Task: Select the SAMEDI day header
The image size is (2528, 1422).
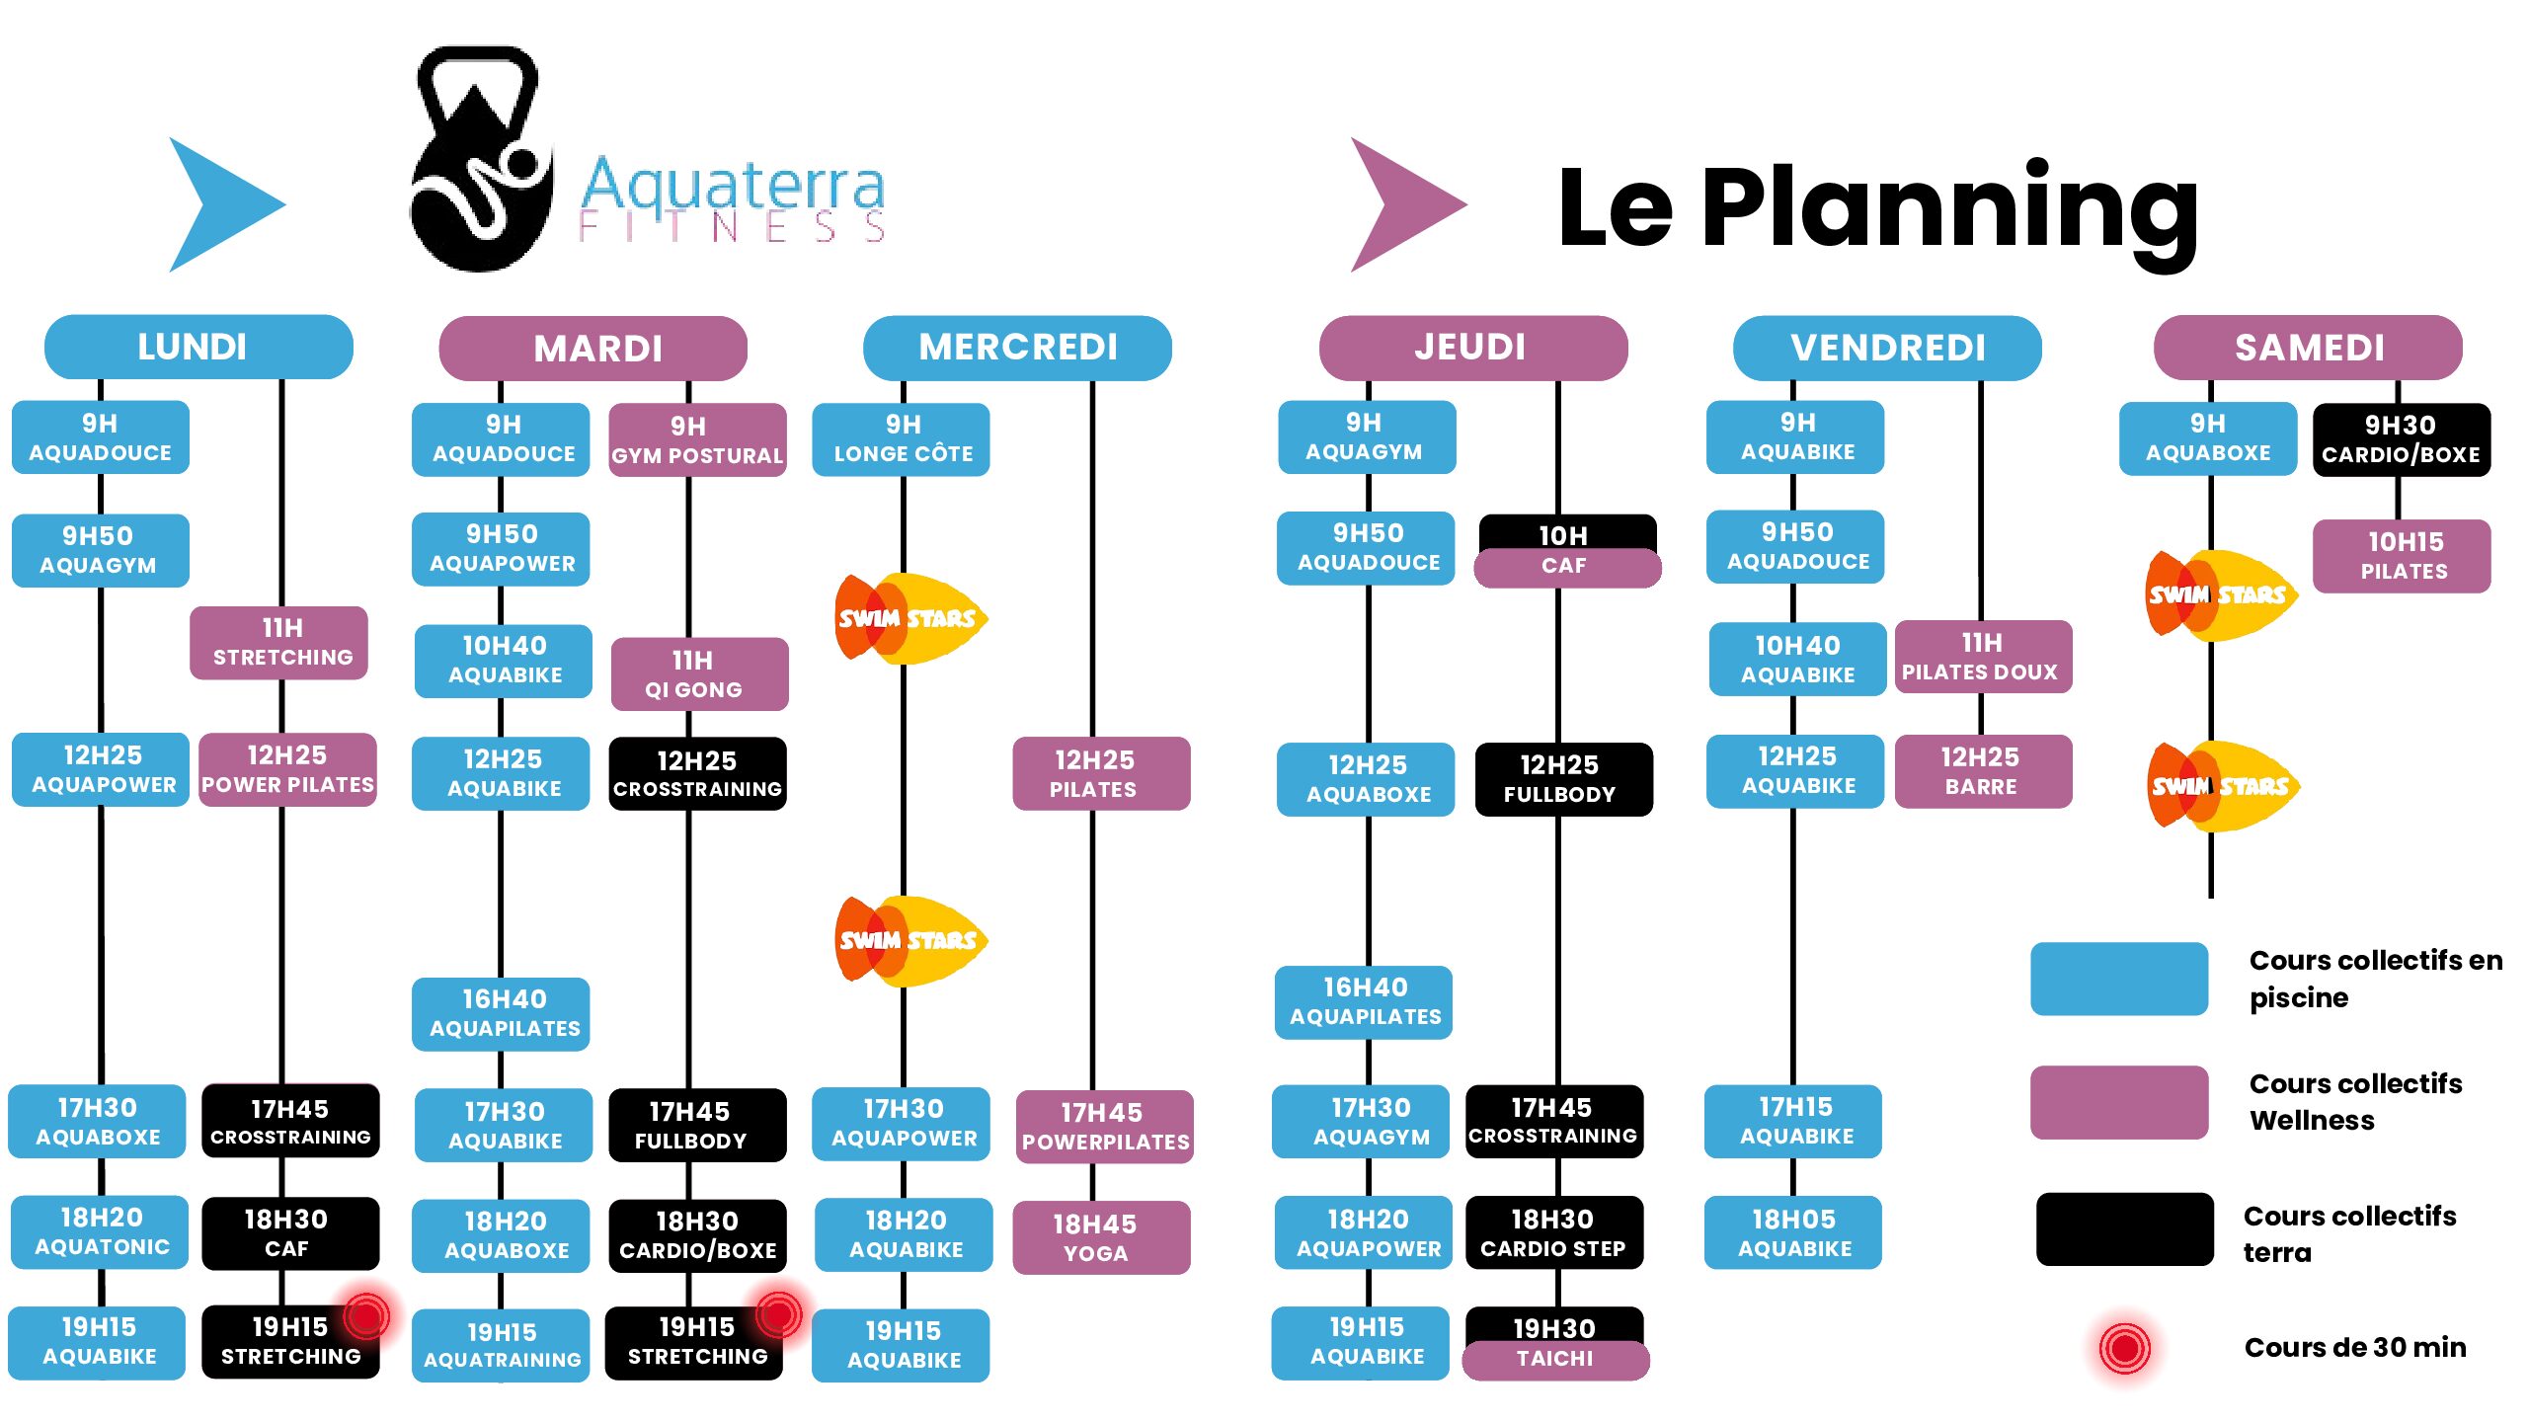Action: click(x=2308, y=348)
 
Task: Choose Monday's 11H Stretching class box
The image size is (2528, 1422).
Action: click(x=279, y=643)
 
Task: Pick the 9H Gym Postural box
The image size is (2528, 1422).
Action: click(x=697, y=440)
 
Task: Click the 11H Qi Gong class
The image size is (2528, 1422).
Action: click(x=699, y=674)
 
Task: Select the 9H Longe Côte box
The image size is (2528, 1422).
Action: click(x=902, y=439)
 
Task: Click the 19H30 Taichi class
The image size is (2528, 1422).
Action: click(x=1555, y=1343)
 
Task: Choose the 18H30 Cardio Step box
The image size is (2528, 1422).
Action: click(x=1554, y=1233)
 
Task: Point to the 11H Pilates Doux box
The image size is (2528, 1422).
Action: click(x=1983, y=658)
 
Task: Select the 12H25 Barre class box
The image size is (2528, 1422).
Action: click(x=1983, y=771)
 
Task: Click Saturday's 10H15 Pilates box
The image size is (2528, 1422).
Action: click(x=2402, y=556)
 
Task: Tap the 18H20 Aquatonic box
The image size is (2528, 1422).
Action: click(x=100, y=1232)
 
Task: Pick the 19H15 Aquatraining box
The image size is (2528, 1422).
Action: click(x=501, y=1345)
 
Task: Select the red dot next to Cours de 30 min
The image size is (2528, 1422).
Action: click(x=2124, y=1347)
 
